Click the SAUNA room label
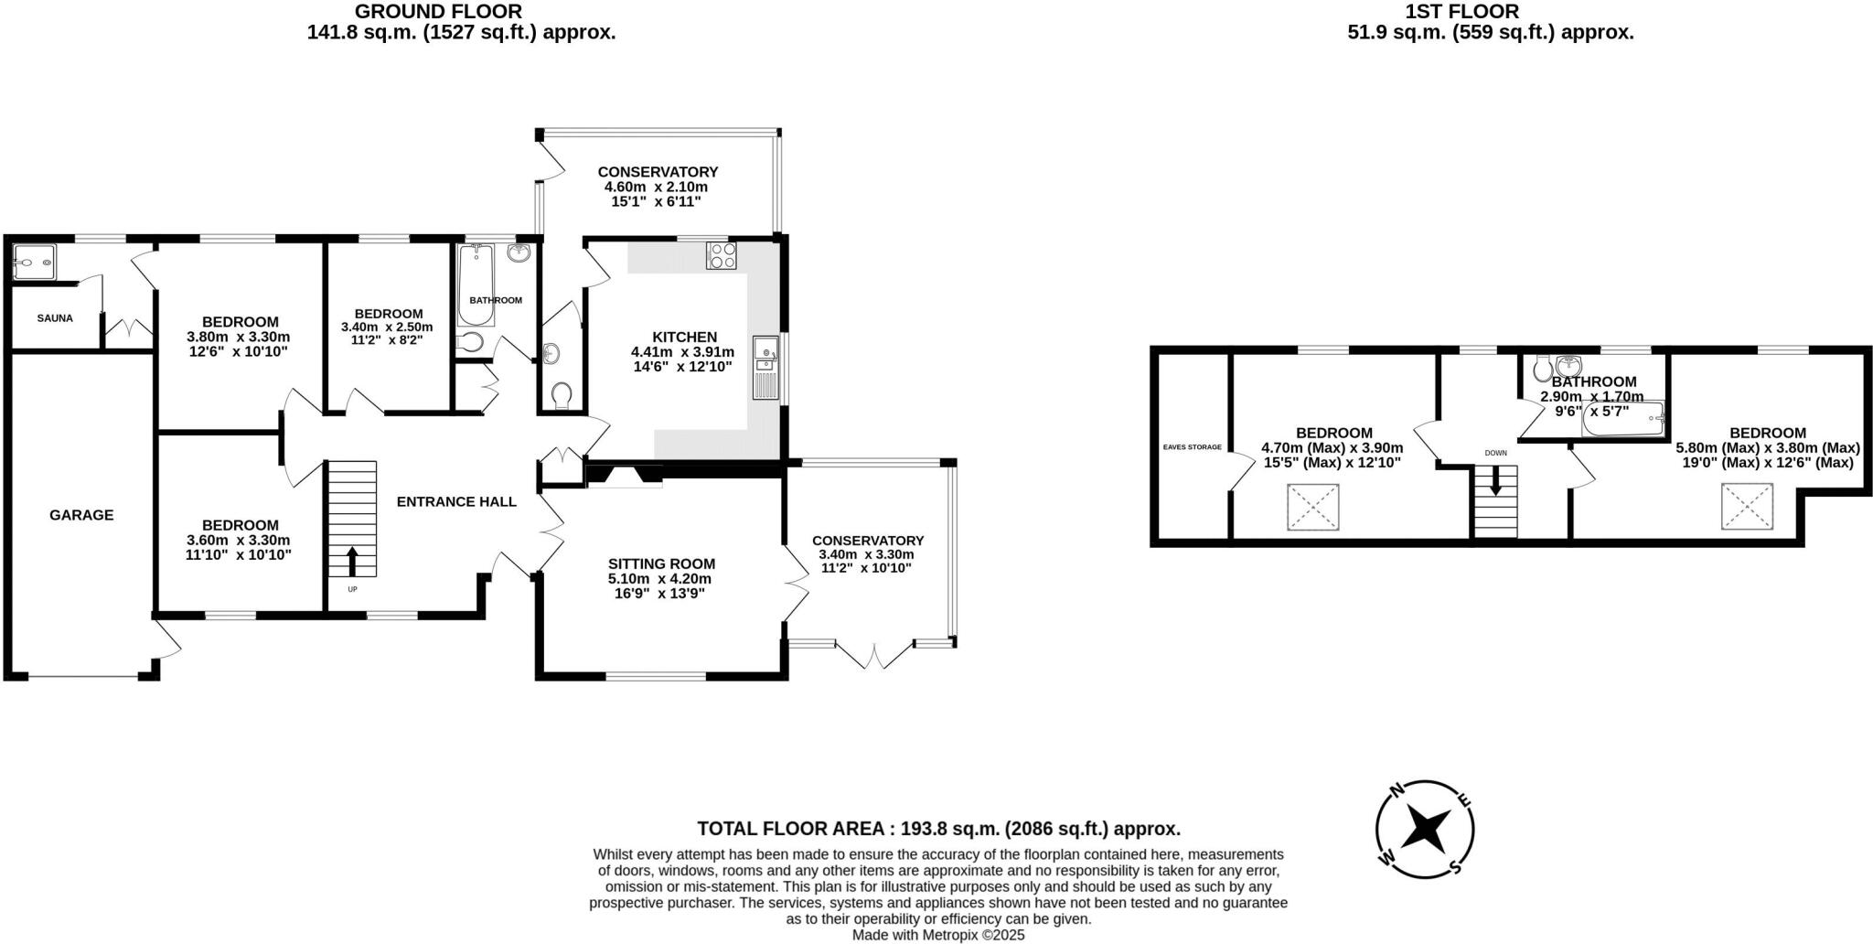[x=55, y=318]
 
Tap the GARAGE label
[x=81, y=515]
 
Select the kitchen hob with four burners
[x=722, y=256]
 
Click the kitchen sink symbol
[x=765, y=367]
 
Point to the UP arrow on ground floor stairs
[x=352, y=561]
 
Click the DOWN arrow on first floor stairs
[x=1496, y=480]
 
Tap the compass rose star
[x=1425, y=829]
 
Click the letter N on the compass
[x=1397, y=791]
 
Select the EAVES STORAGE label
[x=1192, y=447]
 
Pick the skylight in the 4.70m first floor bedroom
[x=1313, y=507]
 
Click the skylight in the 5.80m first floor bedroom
[x=1748, y=506]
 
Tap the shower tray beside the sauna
[x=35, y=263]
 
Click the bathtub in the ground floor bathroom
[x=476, y=284]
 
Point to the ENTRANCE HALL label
[x=456, y=501]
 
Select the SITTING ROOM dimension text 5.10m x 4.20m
[x=659, y=579]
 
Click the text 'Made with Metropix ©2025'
[x=938, y=935]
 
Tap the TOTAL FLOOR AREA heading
[x=938, y=829]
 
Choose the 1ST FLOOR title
[x=1489, y=12]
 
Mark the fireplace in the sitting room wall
[x=624, y=474]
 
